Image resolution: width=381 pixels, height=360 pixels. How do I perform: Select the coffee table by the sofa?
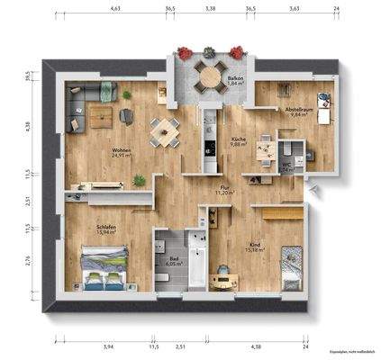(101, 112)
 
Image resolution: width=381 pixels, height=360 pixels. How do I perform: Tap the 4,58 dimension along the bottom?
(256, 346)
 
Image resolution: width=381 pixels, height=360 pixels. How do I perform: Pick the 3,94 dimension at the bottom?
(109, 346)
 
